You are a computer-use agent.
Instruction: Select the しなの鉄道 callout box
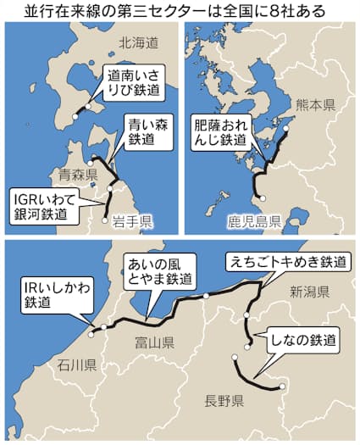(302, 342)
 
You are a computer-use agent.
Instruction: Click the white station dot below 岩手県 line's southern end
(106, 220)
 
